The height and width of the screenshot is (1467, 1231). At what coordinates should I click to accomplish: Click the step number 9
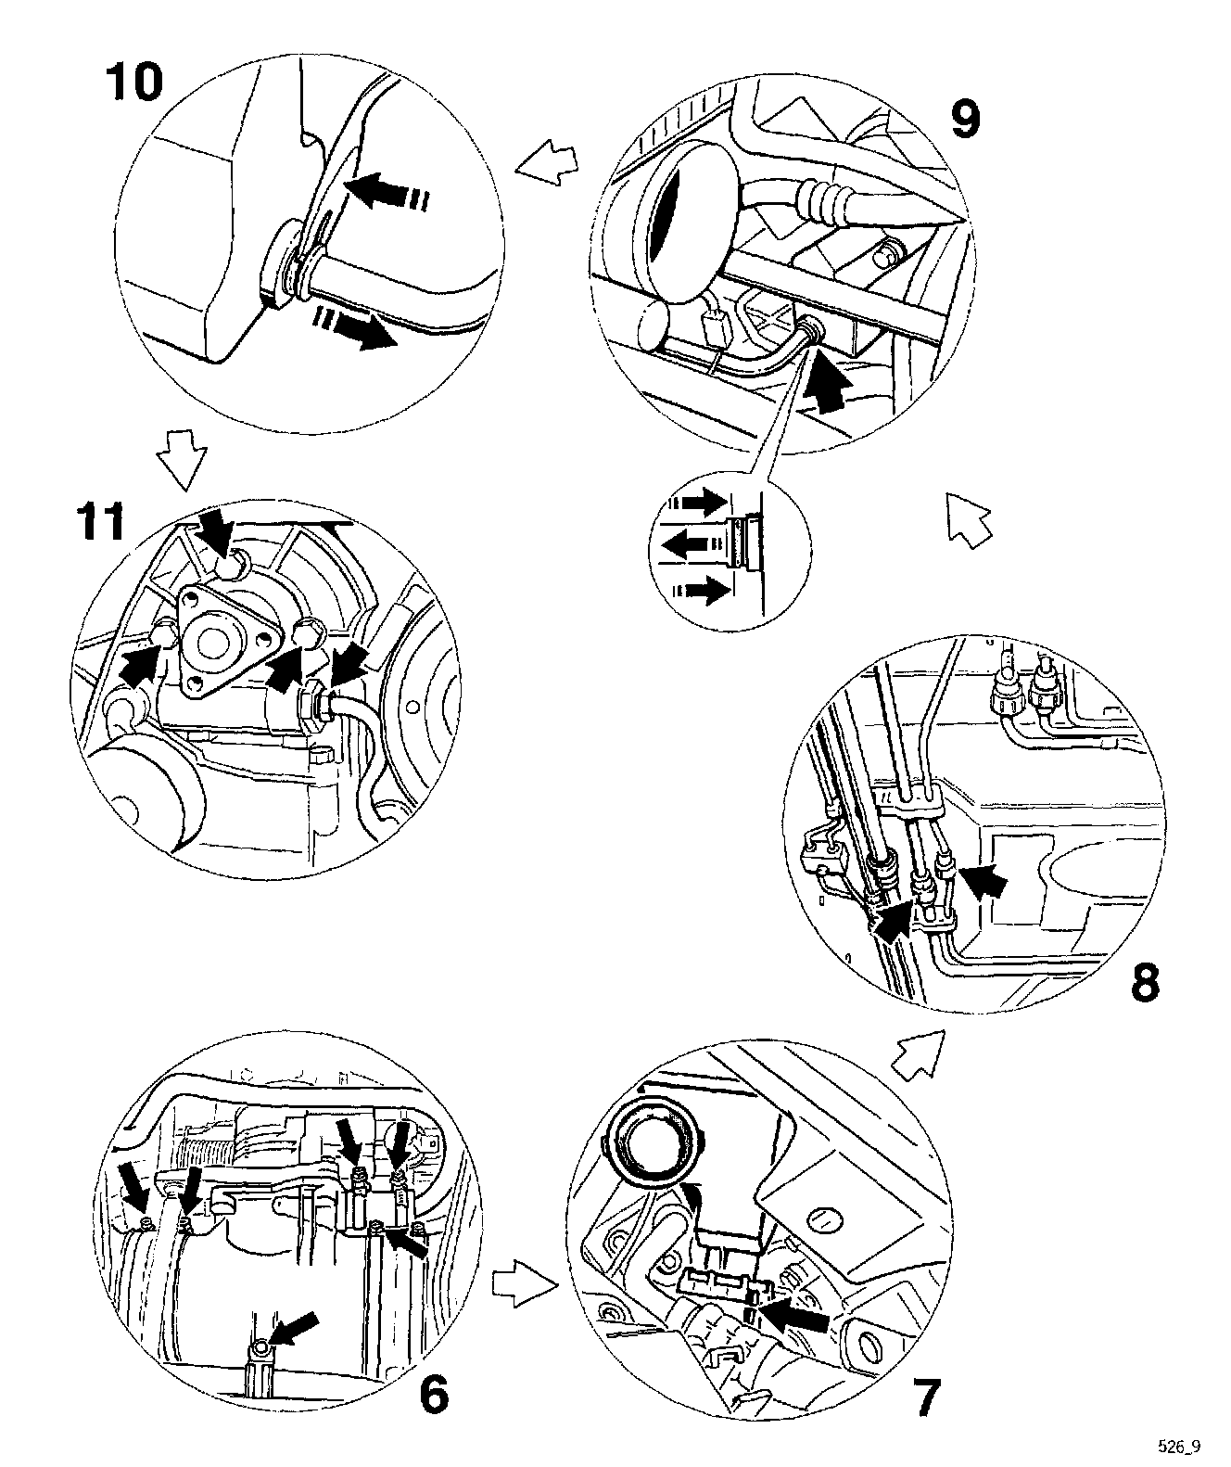click(x=965, y=119)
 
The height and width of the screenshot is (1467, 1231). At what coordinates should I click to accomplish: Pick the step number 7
click(x=916, y=1398)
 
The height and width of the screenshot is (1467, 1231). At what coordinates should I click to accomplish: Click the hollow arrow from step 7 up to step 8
click(x=918, y=1054)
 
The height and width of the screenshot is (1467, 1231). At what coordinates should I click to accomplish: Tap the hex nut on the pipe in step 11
click(x=312, y=708)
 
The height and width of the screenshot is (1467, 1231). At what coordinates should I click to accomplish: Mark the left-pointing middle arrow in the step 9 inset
click(x=690, y=544)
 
